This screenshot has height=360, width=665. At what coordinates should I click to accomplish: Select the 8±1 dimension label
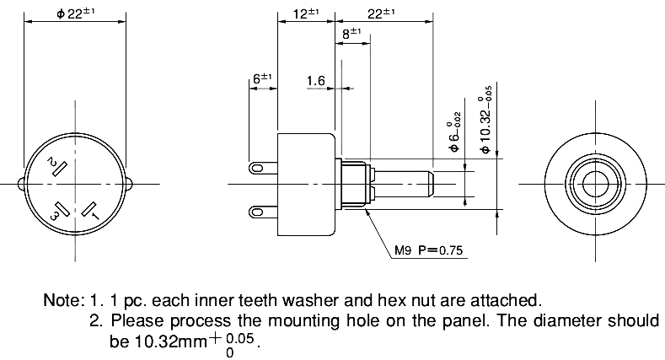[351, 35]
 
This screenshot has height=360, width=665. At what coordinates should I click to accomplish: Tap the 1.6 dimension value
[316, 80]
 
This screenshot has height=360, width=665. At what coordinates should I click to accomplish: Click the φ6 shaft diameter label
[454, 134]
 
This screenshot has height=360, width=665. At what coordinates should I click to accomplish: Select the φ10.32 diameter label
[485, 118]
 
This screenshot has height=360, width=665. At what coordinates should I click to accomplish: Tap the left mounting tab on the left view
[21, 183]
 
